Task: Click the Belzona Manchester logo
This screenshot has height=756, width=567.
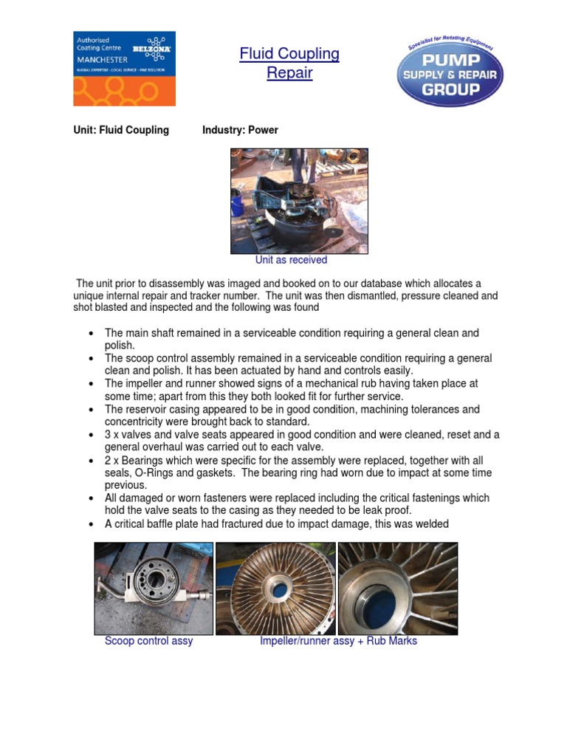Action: point(124,68)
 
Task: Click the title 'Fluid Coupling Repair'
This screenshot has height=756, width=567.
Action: point(289,63)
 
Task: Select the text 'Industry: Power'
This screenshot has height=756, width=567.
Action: point(240,130)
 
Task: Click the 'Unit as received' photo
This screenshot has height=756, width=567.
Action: point(299,201)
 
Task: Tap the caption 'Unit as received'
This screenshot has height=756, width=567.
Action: point(291,260)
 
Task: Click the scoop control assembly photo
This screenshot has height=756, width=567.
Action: point(154,588)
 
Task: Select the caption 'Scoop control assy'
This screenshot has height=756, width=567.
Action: point(148,641)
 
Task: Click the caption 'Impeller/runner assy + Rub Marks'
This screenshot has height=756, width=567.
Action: point(338,641)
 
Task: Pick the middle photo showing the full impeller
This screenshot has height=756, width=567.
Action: point(275,588)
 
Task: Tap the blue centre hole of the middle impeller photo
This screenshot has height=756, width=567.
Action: point(280,591)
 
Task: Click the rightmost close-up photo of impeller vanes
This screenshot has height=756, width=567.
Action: point(397,588)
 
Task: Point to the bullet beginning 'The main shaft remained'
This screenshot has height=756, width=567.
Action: point(292,339)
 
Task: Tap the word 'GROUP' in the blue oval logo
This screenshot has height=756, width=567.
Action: point(450,90)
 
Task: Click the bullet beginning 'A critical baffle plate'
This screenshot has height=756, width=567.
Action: point(276,524)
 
